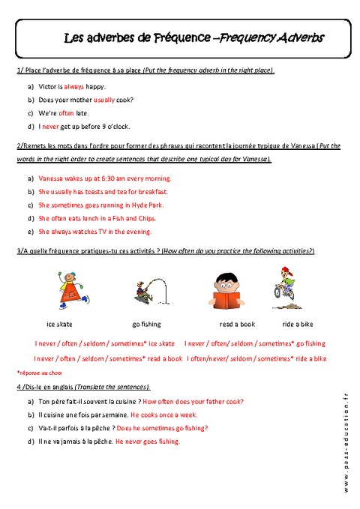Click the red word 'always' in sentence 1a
tap(74, 87)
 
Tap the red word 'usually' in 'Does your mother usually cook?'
tap(104, 100)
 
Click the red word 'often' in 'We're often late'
tap(67, 113)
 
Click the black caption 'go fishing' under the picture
tap(146, 324)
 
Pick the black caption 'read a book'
tap(237, 324)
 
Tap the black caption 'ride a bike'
tap(297, 324)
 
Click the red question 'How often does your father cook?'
tap(196, 401)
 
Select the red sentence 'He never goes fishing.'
tap(148, 442)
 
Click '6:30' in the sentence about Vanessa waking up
tap(104, 179)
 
